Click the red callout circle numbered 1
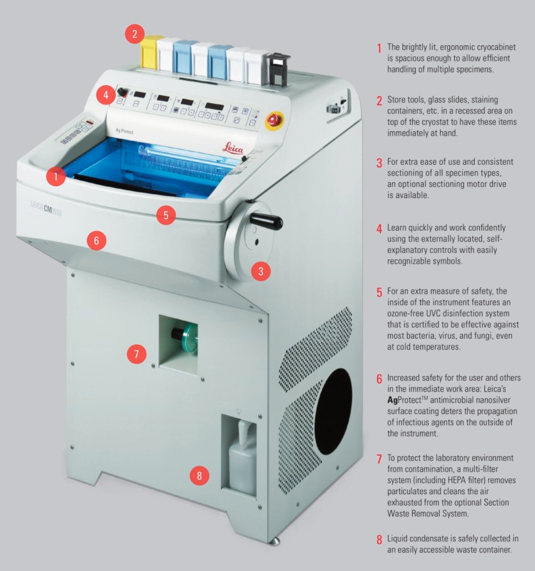point(56,177)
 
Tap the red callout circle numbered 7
point(136,353)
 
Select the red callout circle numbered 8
point(199,476)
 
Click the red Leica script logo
point(233,149)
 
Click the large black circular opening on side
point(333,411)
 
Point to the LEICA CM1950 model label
point(46,209)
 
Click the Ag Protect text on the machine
point(125,131)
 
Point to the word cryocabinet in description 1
point(494,47)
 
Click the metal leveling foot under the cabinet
point(275,541)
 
